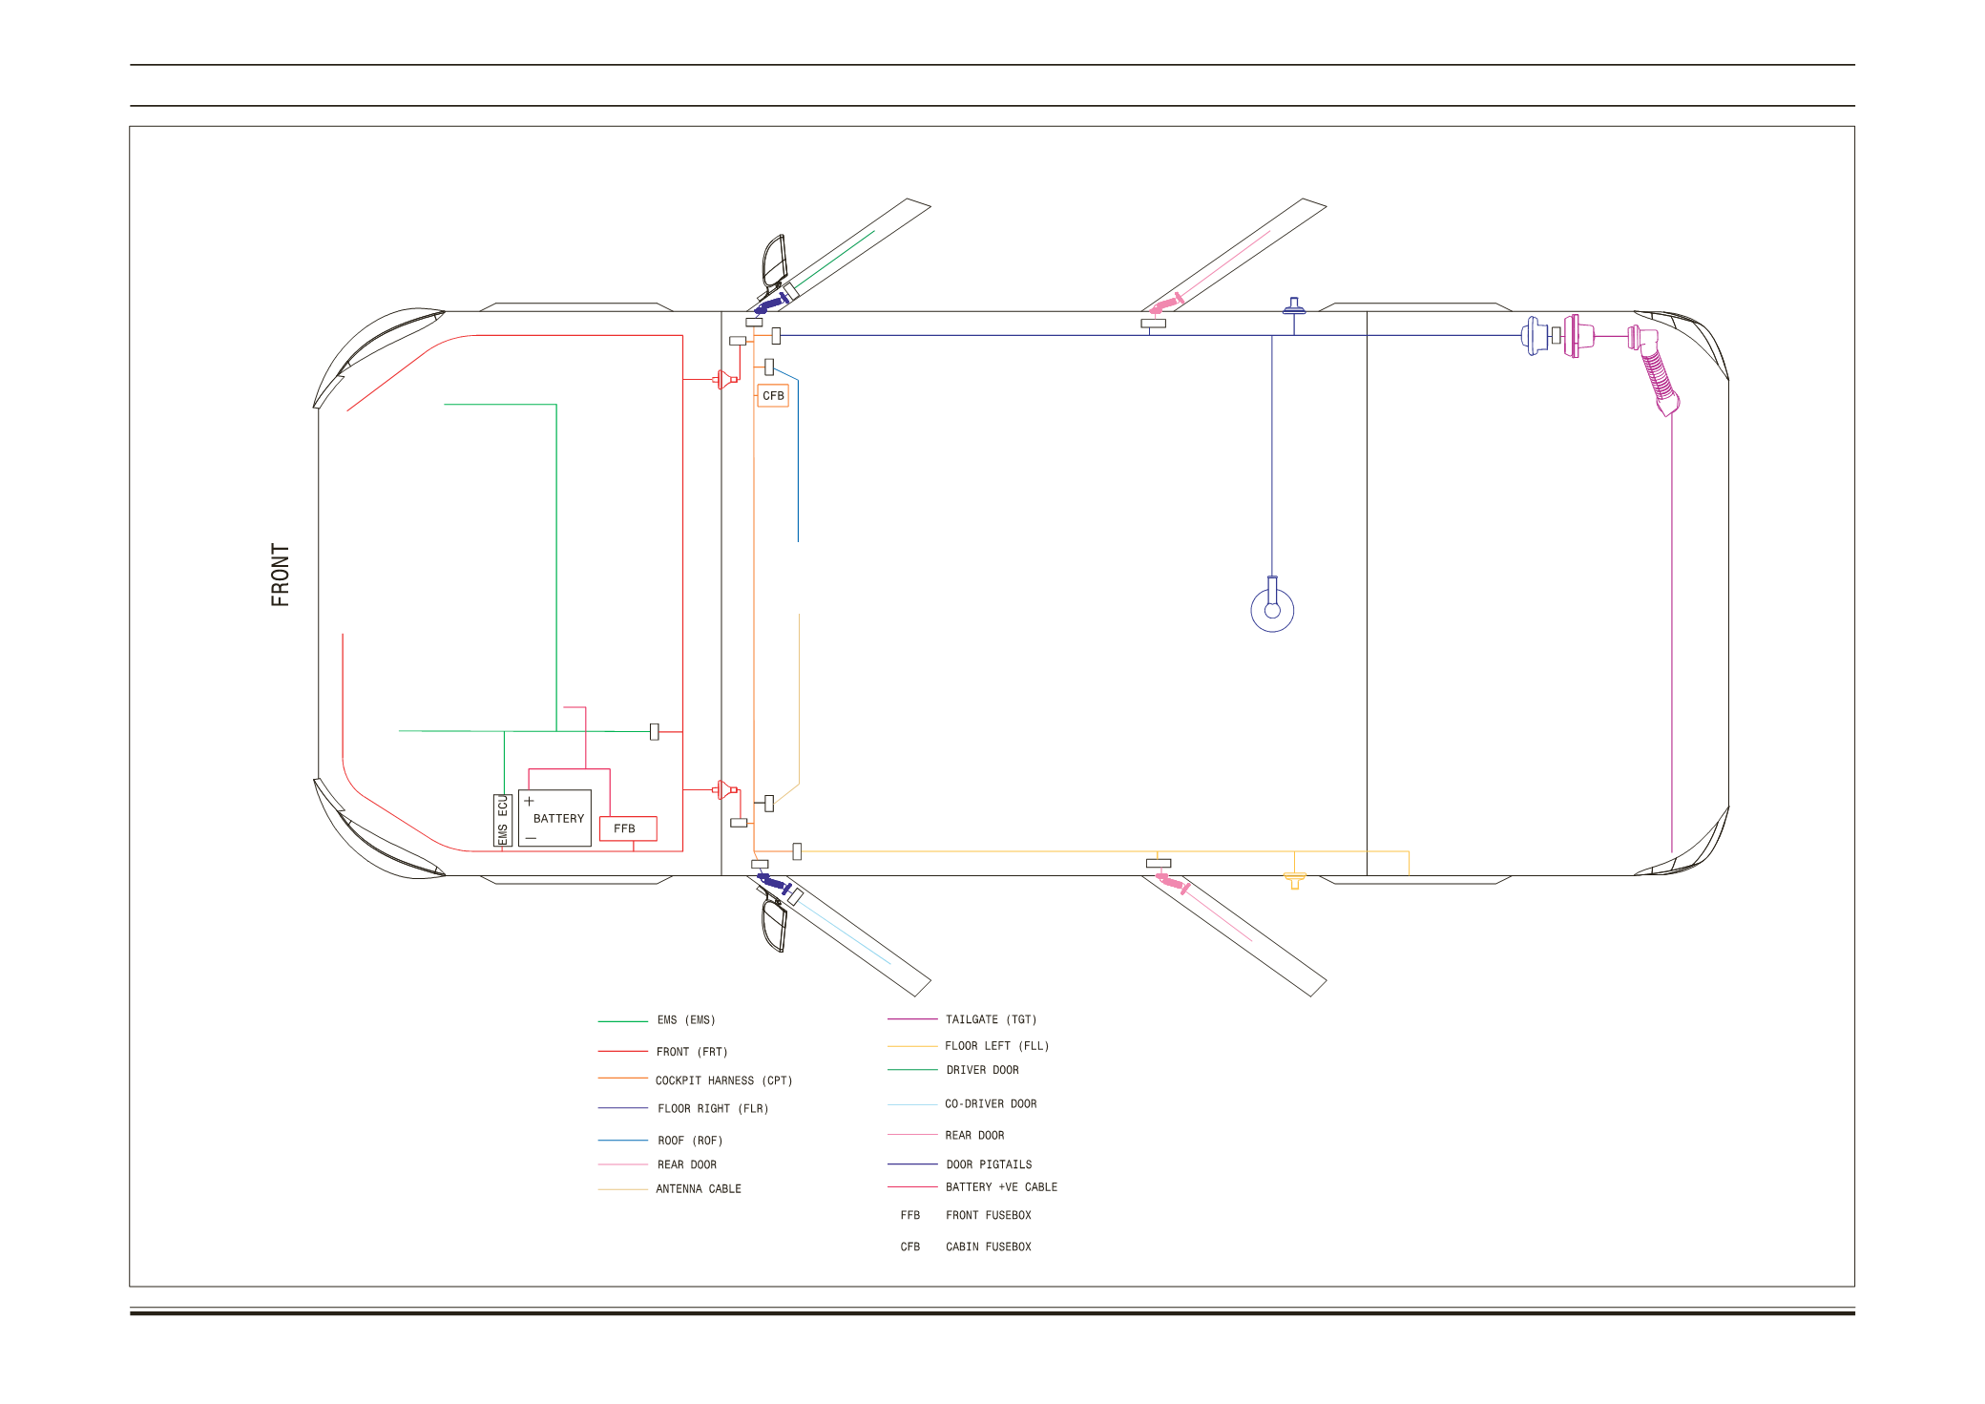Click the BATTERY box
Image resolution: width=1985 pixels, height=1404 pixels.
(x=554, y=818)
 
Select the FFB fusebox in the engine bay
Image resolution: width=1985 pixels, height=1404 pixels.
(x=628, y=828)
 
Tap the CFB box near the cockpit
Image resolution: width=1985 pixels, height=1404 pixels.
(x=773, y=395)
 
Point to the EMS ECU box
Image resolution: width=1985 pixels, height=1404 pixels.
(x=502, y=820)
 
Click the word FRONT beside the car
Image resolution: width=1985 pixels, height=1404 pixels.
(x=280, y=575)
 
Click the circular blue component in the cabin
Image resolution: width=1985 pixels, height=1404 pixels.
(x=1272, y=610)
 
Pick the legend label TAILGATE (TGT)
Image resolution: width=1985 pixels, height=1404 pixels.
(x=991, y=1019)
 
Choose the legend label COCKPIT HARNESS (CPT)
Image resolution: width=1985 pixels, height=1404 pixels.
(x=723, y=1080)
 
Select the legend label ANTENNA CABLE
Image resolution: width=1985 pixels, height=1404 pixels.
(x=699, y=1188)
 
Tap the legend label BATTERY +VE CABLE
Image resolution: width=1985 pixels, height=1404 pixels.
(x=1001, y=1186)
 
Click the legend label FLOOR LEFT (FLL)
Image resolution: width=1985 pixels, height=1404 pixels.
(x=996, y=1045)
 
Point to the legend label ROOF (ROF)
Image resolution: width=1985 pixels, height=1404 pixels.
(x=690, y=1141)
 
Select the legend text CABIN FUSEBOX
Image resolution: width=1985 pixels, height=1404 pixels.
(x=989, y=1247)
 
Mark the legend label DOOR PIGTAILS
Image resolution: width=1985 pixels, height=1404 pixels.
(x=989, y=1164)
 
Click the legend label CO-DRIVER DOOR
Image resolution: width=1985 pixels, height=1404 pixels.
(x=991, y=1103)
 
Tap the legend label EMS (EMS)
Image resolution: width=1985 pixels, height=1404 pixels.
(x=686, y=1019)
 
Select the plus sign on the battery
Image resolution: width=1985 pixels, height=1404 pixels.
(x=529, y=801)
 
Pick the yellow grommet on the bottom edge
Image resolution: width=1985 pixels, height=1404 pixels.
(x=1294, y=879)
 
